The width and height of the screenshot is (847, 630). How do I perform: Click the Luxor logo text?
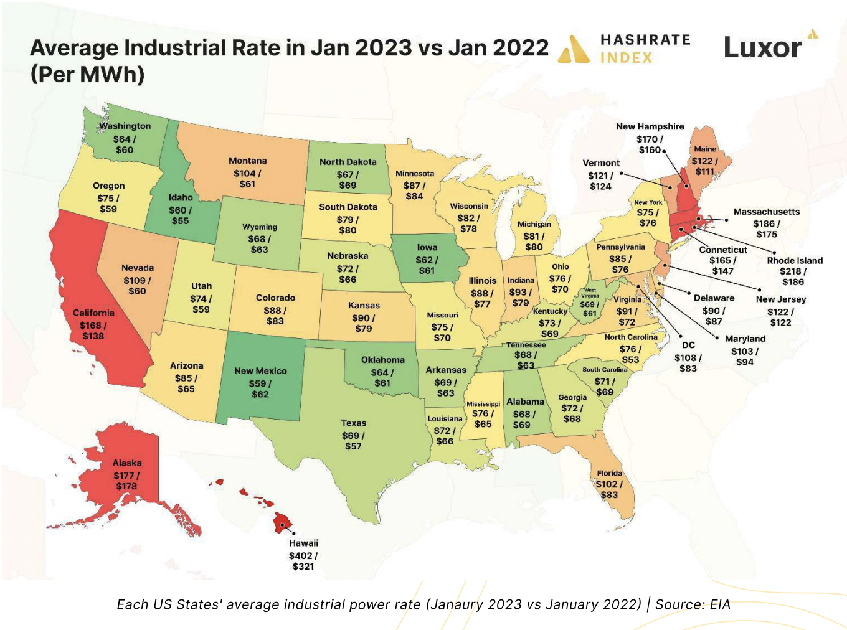point(762,48)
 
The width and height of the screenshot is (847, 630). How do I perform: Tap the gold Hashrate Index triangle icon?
point(573,49)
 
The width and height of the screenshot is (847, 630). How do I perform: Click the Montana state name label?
point(247,161)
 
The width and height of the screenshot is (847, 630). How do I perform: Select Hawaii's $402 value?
point(301,555)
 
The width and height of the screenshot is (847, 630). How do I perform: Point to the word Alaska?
point(127,463)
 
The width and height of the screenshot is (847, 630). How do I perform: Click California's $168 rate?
point(90,326)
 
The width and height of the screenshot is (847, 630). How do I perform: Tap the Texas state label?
point(354,423)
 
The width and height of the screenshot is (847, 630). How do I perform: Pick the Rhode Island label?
point(795,260)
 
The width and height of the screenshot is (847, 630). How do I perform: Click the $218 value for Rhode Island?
point(790,271)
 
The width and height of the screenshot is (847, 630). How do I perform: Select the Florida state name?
point(609,473)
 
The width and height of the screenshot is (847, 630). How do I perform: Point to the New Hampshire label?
point(650,126)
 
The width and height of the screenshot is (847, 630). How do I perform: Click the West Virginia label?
point(590,293)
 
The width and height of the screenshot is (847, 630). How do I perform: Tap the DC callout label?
point(688,345)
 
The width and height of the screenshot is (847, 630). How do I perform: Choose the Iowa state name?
point(427,247)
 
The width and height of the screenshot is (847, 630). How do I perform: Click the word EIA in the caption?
point(720,604)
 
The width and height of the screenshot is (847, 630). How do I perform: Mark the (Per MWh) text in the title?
point(87,74)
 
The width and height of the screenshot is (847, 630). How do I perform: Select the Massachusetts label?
point(767,212)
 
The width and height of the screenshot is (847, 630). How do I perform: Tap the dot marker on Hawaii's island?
point(282,525)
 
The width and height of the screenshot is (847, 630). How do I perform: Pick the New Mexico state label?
point(260,371)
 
